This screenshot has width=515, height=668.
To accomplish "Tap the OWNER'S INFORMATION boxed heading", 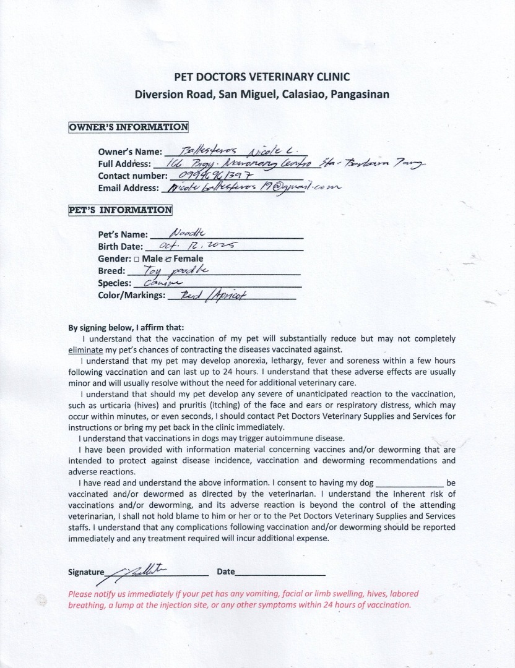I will point(128,127).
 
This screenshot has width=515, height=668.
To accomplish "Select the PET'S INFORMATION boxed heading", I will point(120,210).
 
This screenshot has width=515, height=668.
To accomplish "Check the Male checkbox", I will point(128,259).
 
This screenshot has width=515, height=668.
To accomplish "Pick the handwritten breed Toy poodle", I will point(176,270).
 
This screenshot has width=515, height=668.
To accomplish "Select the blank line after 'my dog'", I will point(409,482).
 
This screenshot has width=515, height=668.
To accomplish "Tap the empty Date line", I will point(280,572).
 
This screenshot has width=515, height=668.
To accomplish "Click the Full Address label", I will point(124,164).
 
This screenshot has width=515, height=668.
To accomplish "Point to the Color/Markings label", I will point(132,295).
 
